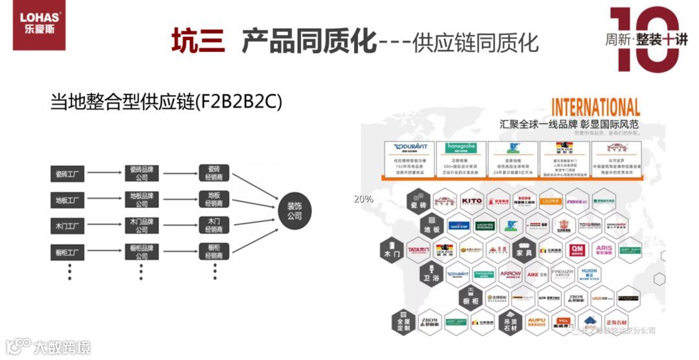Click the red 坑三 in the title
click(x=198, y=41)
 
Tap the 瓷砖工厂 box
click(x=67, y=174)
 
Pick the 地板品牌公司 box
click(x=142, y=199)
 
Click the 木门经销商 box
click(x=214, y=226)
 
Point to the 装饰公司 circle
click(x=294, y=210)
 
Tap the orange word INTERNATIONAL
click(x=595, y=107)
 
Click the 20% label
click(x=363, y=199)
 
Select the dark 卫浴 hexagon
click(x=430, y=275)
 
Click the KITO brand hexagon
click(x=472, y=201)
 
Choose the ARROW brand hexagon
click(x=511, y=275)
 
